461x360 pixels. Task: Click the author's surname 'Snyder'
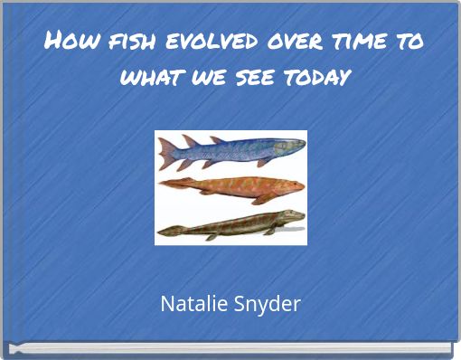[268, 304]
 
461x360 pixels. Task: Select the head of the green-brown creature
[294, 218]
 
